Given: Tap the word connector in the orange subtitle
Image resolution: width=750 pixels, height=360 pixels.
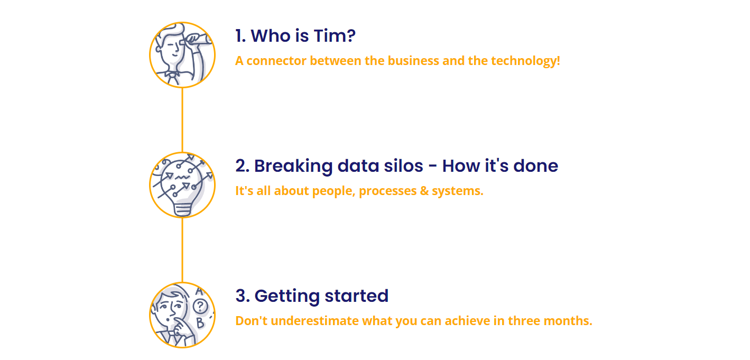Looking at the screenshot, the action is pyautogui.click(x=276, y=61).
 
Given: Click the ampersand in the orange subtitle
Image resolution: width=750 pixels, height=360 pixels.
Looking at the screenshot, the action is pyautogui.click(x=424, y=191).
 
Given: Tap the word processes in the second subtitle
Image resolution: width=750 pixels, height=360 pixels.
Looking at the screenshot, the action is pyautogui.click(x=388, y=191).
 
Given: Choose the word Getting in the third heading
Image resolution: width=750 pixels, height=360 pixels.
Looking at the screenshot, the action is pyautogui.click(x=287, y=297).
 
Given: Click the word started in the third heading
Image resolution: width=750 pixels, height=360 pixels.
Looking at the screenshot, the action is pyautogui.click(x=357, y=296).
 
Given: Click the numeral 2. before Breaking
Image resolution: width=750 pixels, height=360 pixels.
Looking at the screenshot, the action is pyautogui.click(x=243, y=166).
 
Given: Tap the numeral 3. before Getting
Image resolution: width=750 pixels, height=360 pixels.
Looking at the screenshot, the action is pyautogui.click(x=243, y=296).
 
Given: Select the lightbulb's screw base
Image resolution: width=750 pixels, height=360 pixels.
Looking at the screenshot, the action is pyautogui.click(x=182, y=210).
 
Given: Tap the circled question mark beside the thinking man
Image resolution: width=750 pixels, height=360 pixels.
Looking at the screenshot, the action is pyautogui.click(x=200, y=306).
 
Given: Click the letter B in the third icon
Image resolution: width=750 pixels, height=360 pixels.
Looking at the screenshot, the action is pyautogui.click(x=200, y=323).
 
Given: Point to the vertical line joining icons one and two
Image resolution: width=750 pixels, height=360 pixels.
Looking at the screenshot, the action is pyautogui.click(x=182, y=120).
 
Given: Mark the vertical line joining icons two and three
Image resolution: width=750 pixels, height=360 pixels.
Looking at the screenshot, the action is pyautogui.click(x=182, y=250).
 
